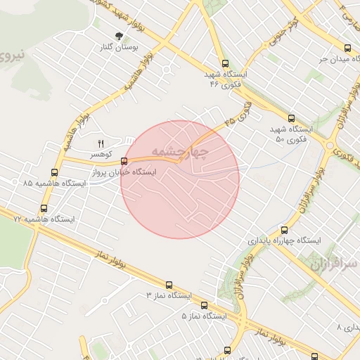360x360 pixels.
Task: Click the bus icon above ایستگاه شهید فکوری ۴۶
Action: click(x=224, y=63)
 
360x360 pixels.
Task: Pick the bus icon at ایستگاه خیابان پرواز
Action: click(x=124, y=161)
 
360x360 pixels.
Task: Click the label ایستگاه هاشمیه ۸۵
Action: click(x=54, y=183)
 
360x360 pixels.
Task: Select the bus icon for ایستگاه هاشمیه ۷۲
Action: click(x=44, y=208)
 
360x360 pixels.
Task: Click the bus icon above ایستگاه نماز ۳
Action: click(x=169, y=285)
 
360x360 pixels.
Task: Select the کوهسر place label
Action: click(x=99, y=153)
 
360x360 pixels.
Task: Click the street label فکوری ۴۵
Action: click(x=239, y=112)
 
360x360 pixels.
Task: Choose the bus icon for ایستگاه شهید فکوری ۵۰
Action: click(x=291, y=118)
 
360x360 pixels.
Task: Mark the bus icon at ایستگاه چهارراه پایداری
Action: click(x=284, y=229)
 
